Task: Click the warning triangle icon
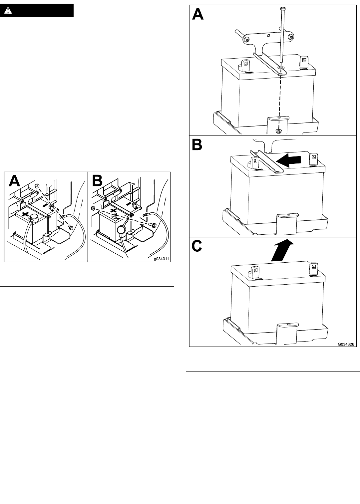(x=8, y=11)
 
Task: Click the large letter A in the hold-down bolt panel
(x=198, y=14)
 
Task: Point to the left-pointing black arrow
(x=288, y=160)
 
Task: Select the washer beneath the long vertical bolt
(x=281, y=68)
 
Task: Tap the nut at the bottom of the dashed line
(x=278, y=130)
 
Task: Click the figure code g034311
(x=162, y=259)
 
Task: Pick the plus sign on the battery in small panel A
(x=25, y=214)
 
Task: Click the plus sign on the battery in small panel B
(x=114, y=211)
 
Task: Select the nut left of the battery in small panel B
(x=93, y=208)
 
